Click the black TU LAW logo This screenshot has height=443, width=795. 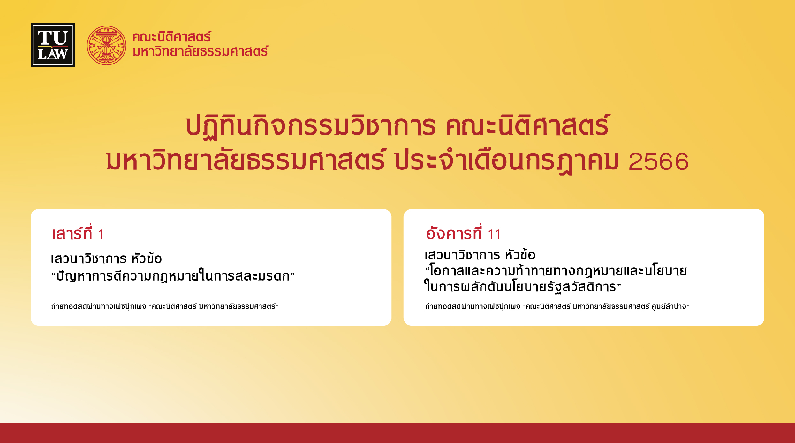(x=53, y=45)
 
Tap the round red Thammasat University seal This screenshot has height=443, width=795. (x=107, y=45)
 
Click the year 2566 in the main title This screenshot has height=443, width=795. (x=658, y=161)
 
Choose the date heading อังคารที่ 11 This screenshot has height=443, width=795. (x=463, y=234)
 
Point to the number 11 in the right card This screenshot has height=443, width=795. (x=494, y=235)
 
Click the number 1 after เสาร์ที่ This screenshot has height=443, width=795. (x=101, y=235)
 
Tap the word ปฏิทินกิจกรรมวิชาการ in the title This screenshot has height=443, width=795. (x=310, y=126)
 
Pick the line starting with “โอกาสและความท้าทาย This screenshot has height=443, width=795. (x=556, y=271)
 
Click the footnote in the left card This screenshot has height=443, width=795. (x=165, y=306)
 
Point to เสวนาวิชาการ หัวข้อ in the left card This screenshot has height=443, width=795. (x=106, y=259)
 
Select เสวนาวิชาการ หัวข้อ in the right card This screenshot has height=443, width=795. (x=480, y=255)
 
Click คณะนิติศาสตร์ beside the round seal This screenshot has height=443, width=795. (x=172, y=37)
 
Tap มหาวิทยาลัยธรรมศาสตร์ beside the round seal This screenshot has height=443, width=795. (x=200, y=51)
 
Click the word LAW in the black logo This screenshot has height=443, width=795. (x=53, y=54)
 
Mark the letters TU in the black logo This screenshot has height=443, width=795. (x=53, y=38)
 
